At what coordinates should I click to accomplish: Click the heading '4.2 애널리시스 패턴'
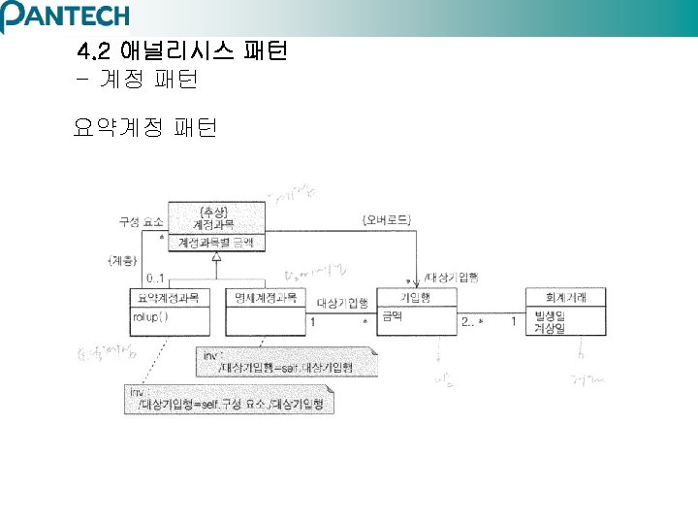click(x=181, y=50)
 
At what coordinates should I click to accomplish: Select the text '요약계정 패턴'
click(x=145, y=127)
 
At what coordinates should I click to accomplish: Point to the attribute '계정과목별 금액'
click(x=216, y=242)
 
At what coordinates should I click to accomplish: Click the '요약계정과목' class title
click(x=169, y=298)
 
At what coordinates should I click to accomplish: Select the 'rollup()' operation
click(x=151, y=315)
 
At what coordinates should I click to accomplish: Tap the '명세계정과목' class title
click(x=264, y=298)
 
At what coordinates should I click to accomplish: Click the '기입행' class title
click(x=417, y=298)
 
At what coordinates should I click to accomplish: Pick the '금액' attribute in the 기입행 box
click(x=393, y=315)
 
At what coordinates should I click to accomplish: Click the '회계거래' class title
click(x=566, y=298)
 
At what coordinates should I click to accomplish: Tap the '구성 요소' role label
click(x=142, y=221)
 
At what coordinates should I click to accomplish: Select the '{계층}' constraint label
click(x=123, y=262)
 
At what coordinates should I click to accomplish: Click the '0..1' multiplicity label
click(x=154, y=279)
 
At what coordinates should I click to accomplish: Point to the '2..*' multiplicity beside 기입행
click(x=472, y=321)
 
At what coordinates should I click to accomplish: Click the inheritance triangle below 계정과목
click(x=216, y=257)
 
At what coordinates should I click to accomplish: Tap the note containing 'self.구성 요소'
click(x=229, y=399)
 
